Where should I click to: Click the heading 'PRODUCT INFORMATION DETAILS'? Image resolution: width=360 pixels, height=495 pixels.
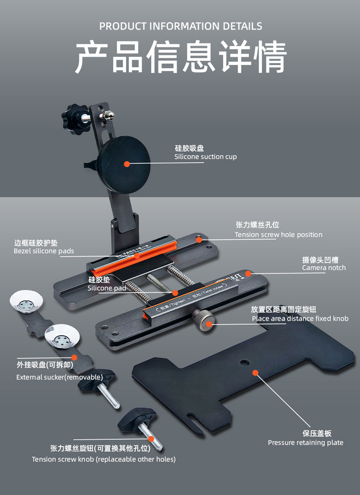click(x=180, y=26)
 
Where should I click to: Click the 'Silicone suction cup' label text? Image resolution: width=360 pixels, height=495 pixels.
click(x=206, y=157)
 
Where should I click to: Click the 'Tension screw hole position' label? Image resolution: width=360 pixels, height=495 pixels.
click(x=278, y=235)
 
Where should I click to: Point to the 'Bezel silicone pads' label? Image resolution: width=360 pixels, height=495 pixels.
click(x=44, y=251)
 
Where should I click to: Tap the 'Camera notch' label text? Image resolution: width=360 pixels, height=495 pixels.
click(x=324, y=268)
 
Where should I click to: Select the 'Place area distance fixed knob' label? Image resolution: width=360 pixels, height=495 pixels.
click(x=300, y=319)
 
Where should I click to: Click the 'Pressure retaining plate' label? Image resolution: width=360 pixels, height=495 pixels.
click(x=305, y=443)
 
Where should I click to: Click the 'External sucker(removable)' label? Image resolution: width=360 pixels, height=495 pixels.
click(x=60, y=377)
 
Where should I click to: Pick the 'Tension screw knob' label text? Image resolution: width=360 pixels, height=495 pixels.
click(x=103, y=459)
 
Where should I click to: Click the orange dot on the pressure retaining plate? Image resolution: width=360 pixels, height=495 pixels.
click(x=255, y=373)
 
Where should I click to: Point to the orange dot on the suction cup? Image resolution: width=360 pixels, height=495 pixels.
click(x=127, y=164)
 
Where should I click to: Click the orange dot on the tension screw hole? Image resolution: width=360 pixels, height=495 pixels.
click(x=199, y=240)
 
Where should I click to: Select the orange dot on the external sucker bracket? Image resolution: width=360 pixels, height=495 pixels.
click(x=74, y=357)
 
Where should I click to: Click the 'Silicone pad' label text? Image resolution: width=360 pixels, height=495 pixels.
click(x=107, y=288)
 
